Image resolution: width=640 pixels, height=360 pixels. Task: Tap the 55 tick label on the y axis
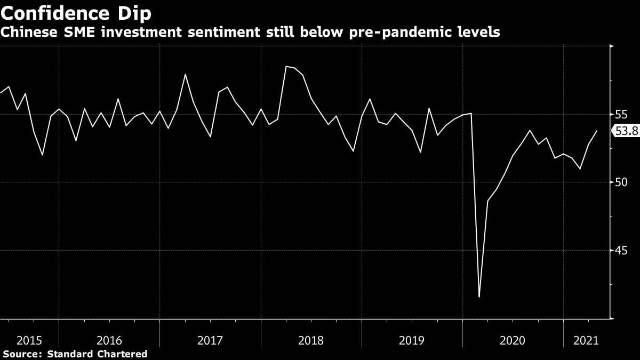(x=620, y=115)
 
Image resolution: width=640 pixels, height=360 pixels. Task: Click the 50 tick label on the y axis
(x=620, y=182)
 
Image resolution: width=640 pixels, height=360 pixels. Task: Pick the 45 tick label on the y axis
(x=620, y=251)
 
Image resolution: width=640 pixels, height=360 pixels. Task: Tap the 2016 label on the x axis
(x=109, y=340)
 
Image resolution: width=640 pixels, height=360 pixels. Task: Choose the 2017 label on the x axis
(x=210, y=340)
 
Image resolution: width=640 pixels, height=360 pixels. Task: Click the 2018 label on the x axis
(x=311, y=340)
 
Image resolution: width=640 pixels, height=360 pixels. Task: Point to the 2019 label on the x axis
(x=412, y=340)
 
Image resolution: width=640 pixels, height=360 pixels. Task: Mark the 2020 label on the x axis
(x=513, y=340)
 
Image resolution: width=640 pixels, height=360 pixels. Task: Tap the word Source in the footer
(x=21, y=354)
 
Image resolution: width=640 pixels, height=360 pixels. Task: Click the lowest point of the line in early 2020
(x=479, y=297)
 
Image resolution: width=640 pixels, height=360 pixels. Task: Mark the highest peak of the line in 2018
(x=286, y=67)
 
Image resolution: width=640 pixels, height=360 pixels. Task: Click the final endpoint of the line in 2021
(x=597, y=131)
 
